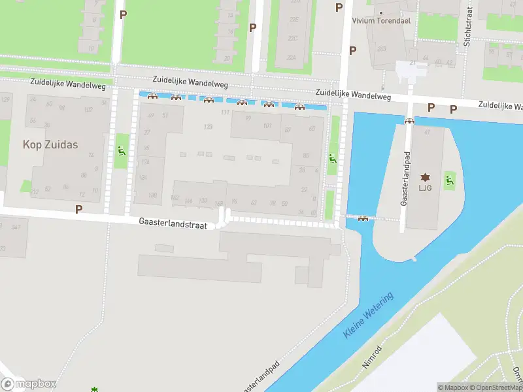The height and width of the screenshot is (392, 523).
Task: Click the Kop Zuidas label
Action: point(50,144)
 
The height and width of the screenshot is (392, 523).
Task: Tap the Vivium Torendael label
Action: point(380,21)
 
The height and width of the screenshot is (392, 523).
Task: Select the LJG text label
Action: point(426,188)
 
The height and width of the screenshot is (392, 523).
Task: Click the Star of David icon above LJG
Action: point(426,178)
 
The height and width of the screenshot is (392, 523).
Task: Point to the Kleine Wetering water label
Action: point(369,316)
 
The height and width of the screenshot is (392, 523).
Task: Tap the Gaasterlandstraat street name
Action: point(173,223)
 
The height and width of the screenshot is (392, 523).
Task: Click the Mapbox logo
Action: point(29,384)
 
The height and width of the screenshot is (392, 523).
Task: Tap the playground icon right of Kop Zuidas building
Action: point(121,151)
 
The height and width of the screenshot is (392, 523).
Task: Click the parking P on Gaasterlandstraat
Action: point(79,210)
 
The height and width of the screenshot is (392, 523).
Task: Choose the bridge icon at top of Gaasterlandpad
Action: point(409,120)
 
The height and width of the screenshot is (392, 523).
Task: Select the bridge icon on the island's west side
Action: point(363,218)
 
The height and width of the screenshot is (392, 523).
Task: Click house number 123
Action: point(209,127)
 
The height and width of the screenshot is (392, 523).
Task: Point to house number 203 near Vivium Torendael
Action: point(382,48)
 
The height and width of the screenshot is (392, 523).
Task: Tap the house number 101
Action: point(267,126)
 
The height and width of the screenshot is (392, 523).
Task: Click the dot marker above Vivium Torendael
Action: point(380,12)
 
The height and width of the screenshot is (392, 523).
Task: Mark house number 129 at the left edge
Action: point(6,99)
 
